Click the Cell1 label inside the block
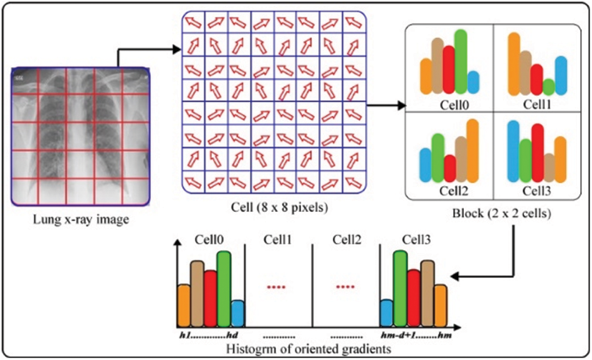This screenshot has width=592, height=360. tap(537, 103)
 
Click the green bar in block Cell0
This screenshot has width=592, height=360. tap(461, 61)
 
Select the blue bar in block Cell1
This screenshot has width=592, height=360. tap(561, 75)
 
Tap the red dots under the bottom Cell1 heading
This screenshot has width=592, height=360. tap(275, 287)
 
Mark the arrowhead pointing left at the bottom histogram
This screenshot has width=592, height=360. tap(454, 276)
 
